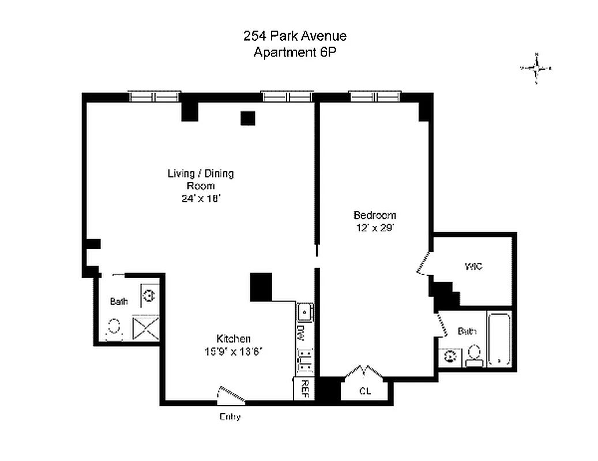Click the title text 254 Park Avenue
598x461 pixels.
pos(295,36)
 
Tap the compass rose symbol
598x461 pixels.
pos(536,68)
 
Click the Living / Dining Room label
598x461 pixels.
pos(200,179)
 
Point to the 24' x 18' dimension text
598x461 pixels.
pos(200,199)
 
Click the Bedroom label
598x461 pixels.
pos(374,215)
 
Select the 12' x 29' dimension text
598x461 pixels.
pos(374,228)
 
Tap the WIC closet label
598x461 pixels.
pos(473,266)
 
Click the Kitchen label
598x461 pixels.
pos(233,338)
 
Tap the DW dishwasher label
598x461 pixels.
pos(300,332)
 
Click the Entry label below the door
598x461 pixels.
pos(230,417)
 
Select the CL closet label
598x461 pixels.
pos(364,391)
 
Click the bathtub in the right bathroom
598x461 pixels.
pos(499,340)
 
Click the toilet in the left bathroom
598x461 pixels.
pos(114,327)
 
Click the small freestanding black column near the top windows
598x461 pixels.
pos(247,118)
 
